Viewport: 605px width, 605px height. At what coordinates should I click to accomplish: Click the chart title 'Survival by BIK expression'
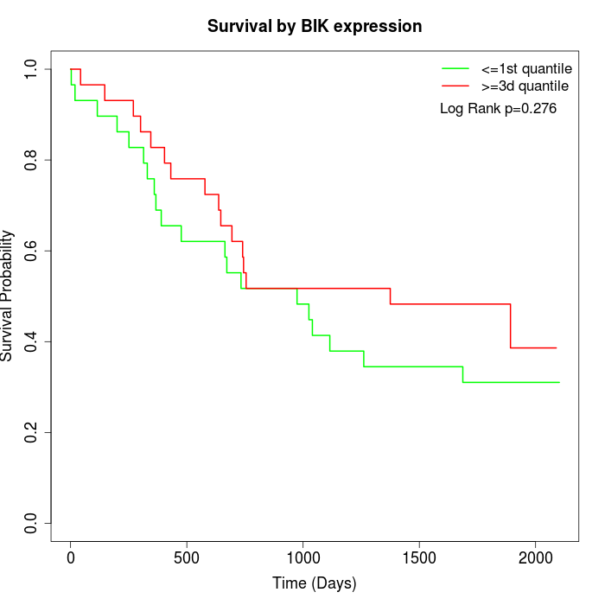click(x=315, y=27)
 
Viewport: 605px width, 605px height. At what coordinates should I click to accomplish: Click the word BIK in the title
click(x=314, y=27)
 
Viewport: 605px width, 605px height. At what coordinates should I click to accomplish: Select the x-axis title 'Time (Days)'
click(x=315, y=583)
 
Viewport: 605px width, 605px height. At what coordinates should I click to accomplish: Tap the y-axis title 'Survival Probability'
click(x=8, y=296)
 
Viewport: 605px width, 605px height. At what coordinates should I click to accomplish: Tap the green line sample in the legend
click(x=455, y=68)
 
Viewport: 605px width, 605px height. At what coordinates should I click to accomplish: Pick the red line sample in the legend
click(x=455, y=86)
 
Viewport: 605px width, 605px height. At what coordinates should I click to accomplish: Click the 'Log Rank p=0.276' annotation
click(x=498, y=109)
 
